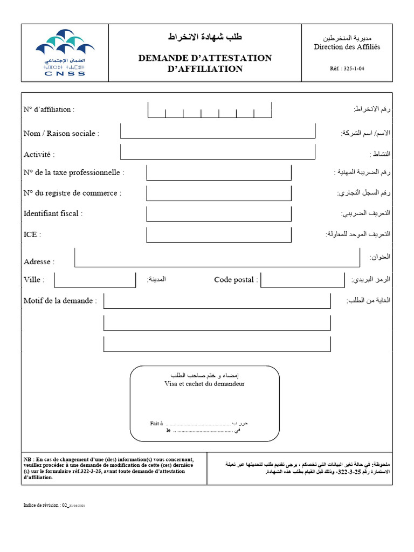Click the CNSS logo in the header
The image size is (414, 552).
pos(60,52)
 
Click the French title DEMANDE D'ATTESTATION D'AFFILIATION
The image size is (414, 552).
pos(205,63)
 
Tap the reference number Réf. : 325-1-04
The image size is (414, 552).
pos(350,68)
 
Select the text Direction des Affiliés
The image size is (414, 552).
pos(347,47)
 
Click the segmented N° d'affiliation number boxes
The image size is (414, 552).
pos(209,111)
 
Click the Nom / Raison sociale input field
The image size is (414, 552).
pos(217,130)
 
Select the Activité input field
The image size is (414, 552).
pos(217,151)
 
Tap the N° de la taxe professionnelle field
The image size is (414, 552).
pos(218,172)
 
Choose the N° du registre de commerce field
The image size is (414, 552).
pos(218,193)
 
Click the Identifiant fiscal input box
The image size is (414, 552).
pos(218,213)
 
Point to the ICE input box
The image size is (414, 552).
pos(218,234)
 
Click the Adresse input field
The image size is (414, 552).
pos(217,258)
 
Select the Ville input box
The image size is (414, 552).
pos(95,280)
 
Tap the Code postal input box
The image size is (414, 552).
pos(302,280)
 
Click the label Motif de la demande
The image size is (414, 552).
pos(60,301)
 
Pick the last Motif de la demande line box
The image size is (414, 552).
pos(217,344)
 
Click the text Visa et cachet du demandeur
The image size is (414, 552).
pos(204,384)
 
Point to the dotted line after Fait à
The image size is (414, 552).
pos(198,424)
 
